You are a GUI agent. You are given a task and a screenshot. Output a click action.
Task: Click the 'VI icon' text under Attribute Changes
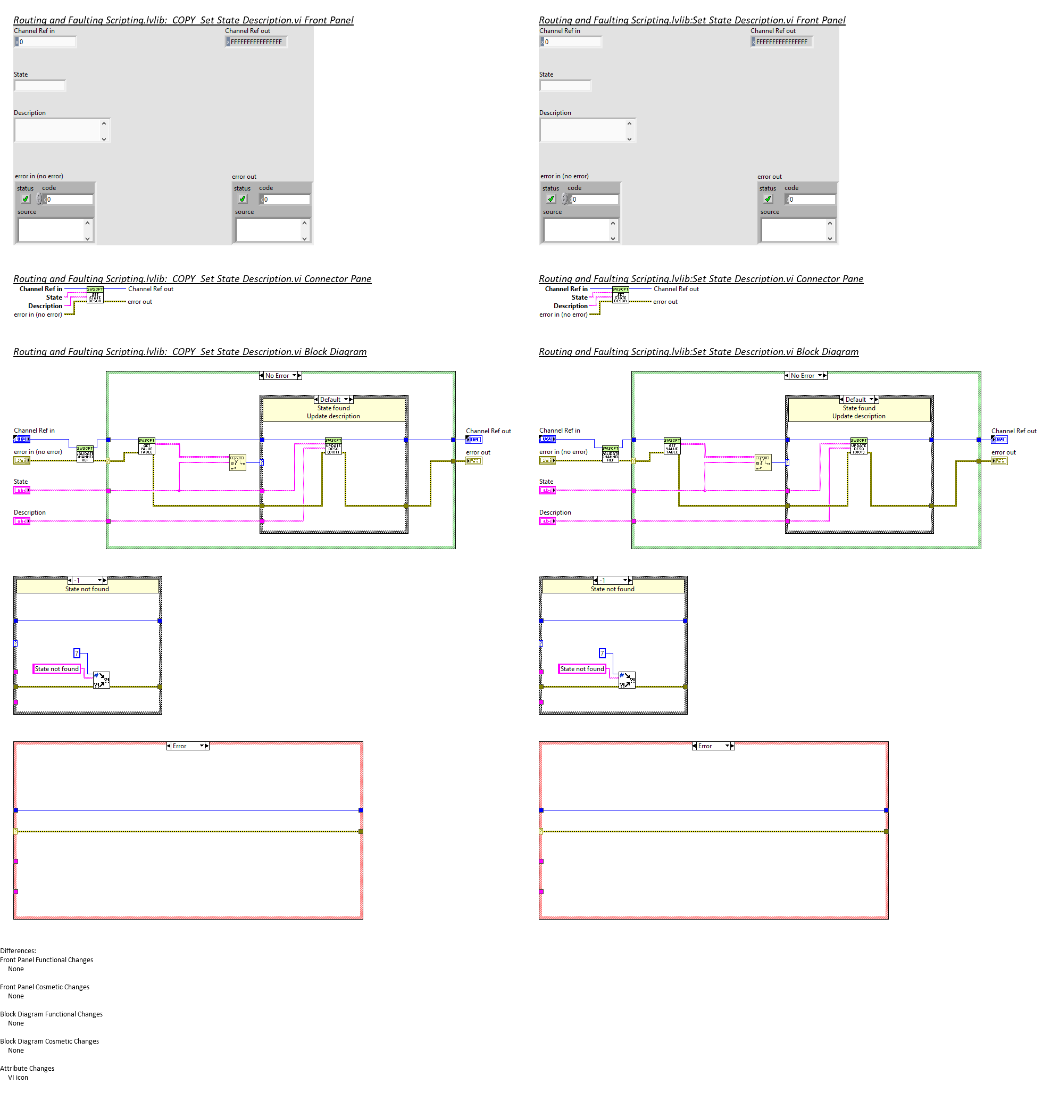click(x=18, y=1077)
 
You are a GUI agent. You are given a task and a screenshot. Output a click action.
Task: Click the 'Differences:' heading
click(x=18, y=950)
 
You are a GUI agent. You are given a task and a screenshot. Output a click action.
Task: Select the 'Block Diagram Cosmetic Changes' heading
click(x=49, y=1041)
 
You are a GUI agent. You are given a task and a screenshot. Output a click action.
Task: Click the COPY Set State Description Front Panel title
click(x=183, y=20)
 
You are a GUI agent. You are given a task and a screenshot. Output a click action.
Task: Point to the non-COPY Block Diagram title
click(x=698, y=352)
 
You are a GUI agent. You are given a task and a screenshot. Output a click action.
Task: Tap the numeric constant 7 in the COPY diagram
click(x=77, y=653)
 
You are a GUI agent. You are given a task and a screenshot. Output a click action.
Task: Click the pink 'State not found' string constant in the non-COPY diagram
click(x=582, y=669)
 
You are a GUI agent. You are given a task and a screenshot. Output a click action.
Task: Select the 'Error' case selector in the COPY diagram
click(x=187, y=746)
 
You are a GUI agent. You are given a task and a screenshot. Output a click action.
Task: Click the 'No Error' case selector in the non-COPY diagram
click(x=806, y=376)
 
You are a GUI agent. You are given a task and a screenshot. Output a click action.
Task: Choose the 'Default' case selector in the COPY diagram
click(x=333, y=400)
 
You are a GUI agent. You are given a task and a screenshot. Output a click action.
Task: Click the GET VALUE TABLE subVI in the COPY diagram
click(x=146, y=446)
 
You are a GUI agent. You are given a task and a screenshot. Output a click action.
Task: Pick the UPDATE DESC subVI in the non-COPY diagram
click(x=858, y=446)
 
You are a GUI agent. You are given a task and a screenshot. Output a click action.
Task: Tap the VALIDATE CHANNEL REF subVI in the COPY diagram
click(x=85, y=453)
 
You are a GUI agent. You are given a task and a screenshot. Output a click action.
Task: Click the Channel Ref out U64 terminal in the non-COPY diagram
click(x=999, y=440)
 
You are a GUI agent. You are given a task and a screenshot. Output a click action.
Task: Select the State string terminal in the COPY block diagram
click(x=21, y=491)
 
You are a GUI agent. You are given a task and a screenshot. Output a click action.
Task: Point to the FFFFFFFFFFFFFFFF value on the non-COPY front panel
click(x=781, y=42)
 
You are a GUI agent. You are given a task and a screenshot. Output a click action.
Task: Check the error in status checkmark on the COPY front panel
click(x=26, y=199)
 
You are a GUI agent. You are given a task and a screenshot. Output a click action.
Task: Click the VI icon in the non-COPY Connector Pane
click(x=620, y=295)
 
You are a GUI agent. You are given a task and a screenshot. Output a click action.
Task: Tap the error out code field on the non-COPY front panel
click(x=812, y=200)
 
